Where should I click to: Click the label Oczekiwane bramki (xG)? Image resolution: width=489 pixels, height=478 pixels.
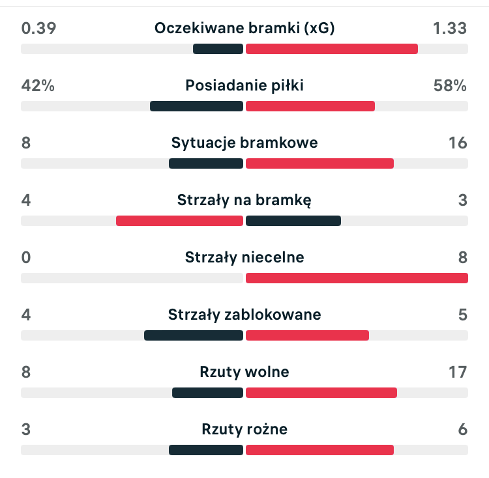coord(244,28)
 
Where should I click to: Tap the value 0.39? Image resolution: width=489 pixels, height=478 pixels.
coord(38,28)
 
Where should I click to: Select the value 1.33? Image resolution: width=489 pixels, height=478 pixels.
coord(450,28)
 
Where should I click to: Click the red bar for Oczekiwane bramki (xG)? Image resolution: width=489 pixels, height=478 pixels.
coord(331,49)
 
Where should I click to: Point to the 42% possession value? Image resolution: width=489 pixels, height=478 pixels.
coord(38,85)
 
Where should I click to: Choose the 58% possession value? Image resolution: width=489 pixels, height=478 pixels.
coord(450,85)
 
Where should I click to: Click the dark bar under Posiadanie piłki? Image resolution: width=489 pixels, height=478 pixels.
coord(196,106)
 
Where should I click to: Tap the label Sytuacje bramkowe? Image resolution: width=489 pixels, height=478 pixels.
coord(244,143)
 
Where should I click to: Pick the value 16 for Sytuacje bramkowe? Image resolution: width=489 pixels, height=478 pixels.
coord(458,143)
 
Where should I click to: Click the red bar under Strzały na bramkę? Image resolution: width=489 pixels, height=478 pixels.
coord(179,221)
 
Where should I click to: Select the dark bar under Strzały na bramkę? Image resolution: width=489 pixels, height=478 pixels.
coord(293,221)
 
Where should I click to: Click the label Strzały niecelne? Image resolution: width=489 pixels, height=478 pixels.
coord(244,257)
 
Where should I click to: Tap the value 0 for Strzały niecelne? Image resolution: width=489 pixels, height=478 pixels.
coord(26,257)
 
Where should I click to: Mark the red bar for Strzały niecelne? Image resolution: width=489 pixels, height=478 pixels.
coord(357,278)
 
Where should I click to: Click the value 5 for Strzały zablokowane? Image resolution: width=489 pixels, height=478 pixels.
coord(462,315)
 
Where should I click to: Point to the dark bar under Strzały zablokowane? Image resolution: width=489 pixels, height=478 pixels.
coord(194,335)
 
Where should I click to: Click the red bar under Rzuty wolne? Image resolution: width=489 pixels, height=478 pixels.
coord(321,393)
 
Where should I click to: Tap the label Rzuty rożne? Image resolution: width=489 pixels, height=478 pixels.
coord(244,429)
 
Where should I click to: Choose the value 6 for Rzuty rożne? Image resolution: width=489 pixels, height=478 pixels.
coord(462,429)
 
